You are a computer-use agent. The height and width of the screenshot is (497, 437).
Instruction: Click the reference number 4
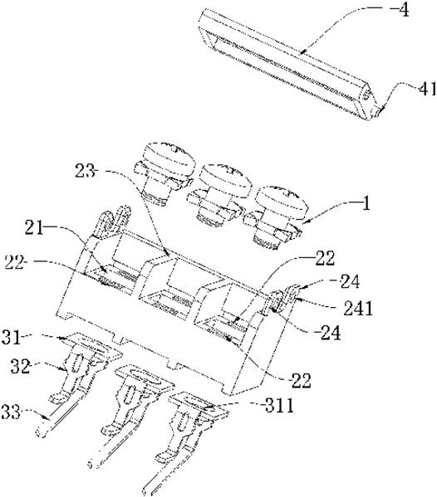click(x=403, y=10)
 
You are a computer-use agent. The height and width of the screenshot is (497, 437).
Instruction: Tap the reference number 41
click(x=428, y=89)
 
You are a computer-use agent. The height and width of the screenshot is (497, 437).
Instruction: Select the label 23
click(x=85, y=171)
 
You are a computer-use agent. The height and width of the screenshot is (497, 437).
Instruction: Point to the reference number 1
click(x=366, y=203)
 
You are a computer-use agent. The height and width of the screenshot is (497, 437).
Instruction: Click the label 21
click(x=34, y=227)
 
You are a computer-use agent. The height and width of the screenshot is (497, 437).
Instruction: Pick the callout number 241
click(x=358, y=309)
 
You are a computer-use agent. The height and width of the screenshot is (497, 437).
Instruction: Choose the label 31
click(x=11, y=338)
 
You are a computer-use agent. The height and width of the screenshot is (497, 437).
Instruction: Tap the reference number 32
click(x=20, y=367)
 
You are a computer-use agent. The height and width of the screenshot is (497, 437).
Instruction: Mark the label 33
click(x=11, y=412)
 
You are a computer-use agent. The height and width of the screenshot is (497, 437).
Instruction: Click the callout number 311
click(x=279, y=406)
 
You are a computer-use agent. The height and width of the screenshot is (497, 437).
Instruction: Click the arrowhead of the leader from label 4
click(x=302, y=51)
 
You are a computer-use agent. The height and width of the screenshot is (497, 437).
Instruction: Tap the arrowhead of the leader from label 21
click(x=104, y=270)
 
